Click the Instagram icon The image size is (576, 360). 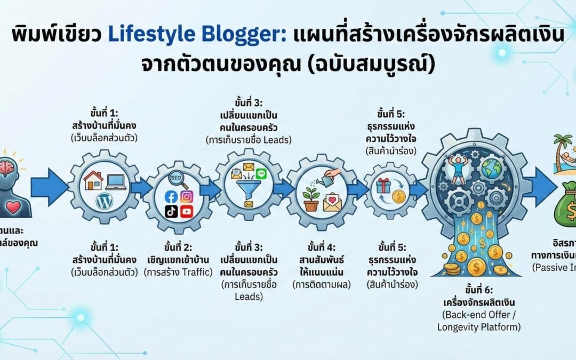186,196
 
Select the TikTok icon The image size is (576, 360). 171,212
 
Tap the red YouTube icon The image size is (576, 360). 186,212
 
